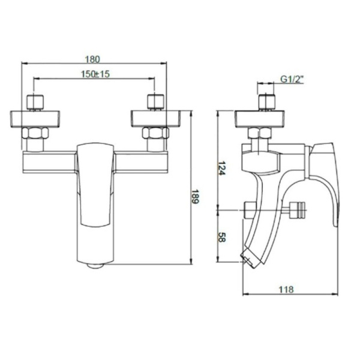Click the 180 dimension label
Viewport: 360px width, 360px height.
92,59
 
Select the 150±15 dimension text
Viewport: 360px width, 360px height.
95,74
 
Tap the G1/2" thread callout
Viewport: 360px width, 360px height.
292,79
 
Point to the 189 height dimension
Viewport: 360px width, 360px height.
196,196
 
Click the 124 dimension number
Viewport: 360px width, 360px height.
221,168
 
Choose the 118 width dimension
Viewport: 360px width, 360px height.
286,290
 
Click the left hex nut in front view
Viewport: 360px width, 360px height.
35,133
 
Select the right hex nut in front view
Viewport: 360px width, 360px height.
155,133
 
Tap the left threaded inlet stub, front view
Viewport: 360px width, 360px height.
35,103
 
